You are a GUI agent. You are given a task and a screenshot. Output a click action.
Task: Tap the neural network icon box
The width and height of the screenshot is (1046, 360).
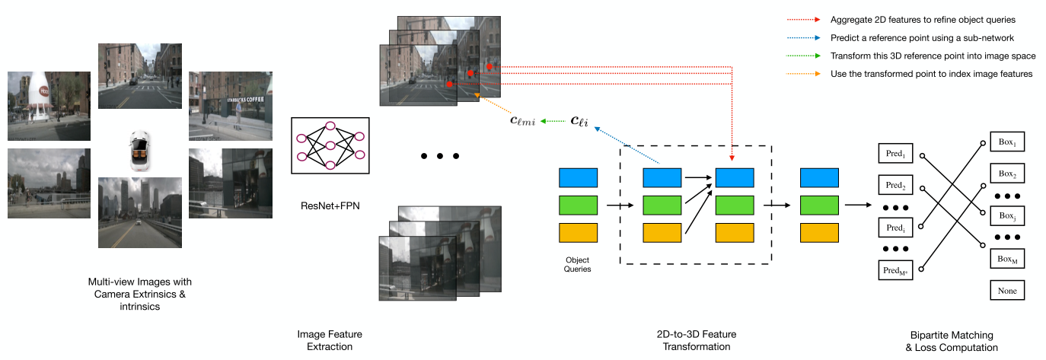coord(330,145)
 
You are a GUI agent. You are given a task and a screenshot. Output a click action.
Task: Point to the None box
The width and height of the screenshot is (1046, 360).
coord(1006,290)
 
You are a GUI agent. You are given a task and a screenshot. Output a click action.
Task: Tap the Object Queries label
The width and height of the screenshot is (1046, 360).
coord(578,264)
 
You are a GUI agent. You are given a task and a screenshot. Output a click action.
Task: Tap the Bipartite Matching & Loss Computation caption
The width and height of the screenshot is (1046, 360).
coord(952,341)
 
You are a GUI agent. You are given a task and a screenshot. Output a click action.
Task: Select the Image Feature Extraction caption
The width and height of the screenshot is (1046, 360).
coord(330,340)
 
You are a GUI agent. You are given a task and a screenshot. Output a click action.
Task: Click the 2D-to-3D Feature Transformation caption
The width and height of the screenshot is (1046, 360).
coord(696,340)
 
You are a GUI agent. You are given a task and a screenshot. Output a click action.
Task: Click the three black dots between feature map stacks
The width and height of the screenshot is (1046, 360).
coord(440,156)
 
